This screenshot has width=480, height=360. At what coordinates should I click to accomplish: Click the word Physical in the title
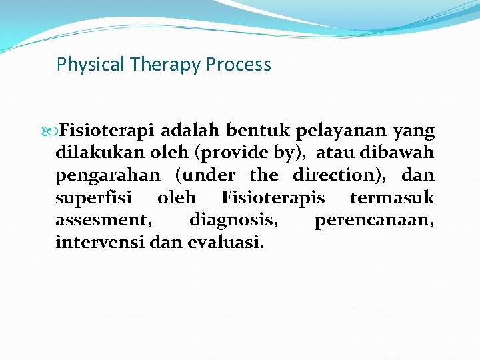[x=81, y=65]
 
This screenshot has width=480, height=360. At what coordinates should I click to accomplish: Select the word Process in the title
[x=238, y=65]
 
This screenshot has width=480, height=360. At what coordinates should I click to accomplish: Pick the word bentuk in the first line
[x=253, y=131]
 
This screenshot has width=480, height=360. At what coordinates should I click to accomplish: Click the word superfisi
[x=93, y=198]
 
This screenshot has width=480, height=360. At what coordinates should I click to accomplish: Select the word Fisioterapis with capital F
[x=273, y=198]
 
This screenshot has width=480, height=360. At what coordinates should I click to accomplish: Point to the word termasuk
[x=392, y=198]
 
